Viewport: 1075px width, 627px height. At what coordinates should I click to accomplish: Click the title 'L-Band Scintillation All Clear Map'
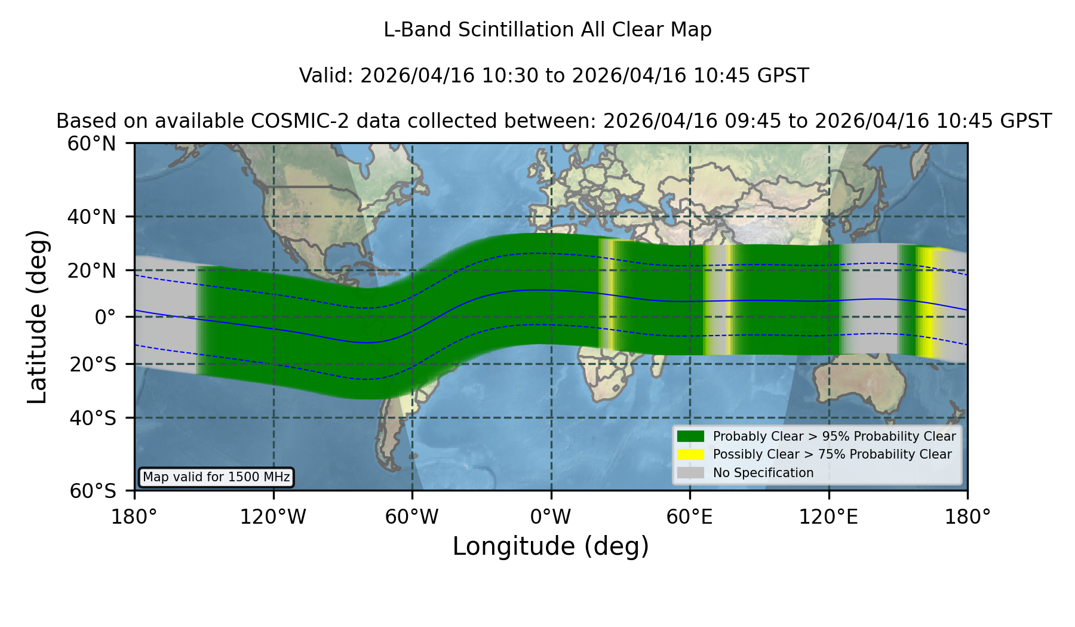(x=548, y=30)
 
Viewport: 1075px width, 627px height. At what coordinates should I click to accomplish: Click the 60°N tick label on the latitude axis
(x=92, y=143)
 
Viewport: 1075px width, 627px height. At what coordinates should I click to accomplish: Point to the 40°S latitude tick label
(x=93, y=418)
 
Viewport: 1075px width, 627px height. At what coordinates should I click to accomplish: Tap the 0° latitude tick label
(x=105, y=316)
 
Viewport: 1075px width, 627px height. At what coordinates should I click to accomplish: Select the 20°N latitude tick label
(x=92, y=271)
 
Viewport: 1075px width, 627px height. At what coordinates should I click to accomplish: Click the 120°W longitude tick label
(x=273, y=517)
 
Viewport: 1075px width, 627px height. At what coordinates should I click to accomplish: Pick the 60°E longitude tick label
(x=690, y=517)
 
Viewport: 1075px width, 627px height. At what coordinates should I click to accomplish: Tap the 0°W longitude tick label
(x=551, y=517)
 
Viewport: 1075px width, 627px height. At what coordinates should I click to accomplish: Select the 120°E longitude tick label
(x=828, y=517)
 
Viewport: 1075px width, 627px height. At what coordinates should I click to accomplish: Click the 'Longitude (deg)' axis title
(x=551, y=546)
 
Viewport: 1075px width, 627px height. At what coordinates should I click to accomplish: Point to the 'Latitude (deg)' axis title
(x=37, y=316)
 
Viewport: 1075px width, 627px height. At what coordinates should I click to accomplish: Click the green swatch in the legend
(x=690, y=437)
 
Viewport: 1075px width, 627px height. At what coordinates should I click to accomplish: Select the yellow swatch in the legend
(x=690, y=454)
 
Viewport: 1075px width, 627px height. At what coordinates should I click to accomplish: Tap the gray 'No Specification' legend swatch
(x=690, y=473)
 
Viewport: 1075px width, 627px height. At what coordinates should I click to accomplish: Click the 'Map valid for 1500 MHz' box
(x=216, y=477)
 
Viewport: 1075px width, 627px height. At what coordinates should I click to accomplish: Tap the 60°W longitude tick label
(x=412, y=517)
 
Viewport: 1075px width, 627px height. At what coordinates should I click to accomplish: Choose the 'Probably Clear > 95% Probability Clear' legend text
(x=834, y=437)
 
